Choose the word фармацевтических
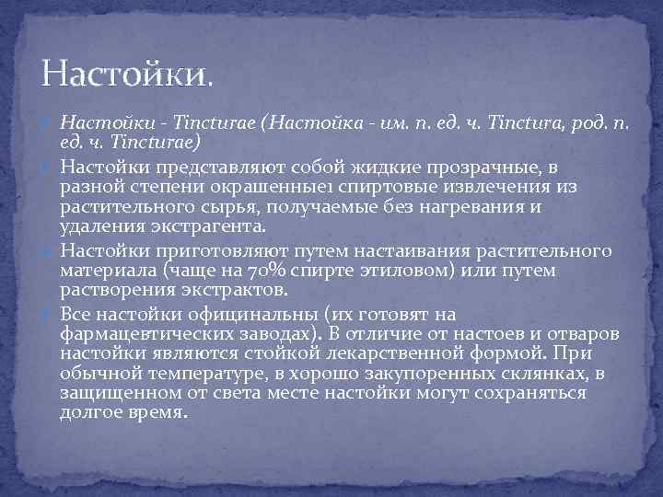(154, 334)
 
